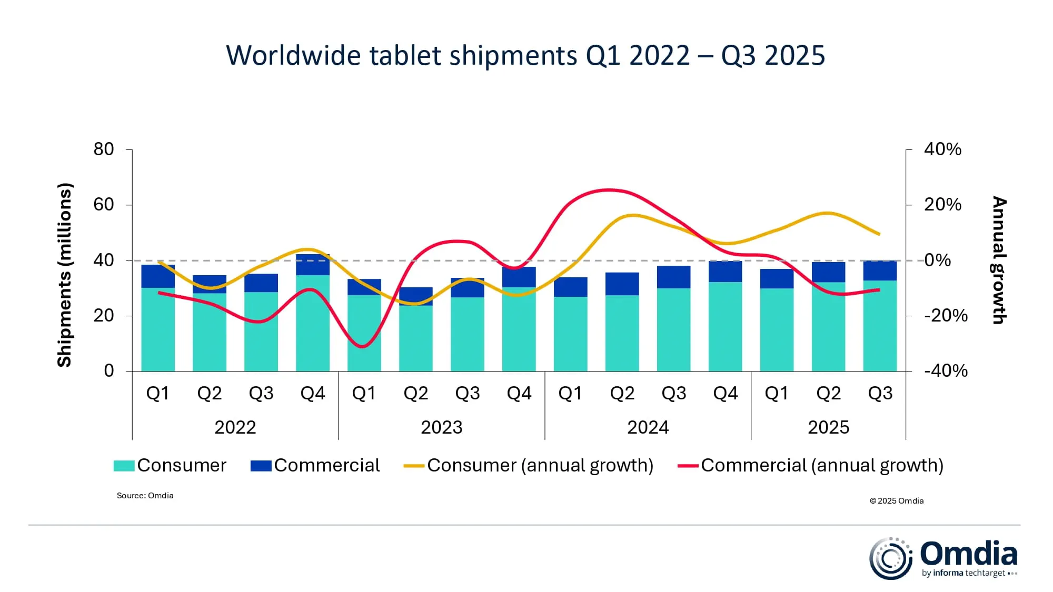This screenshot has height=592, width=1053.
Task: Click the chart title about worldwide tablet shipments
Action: pos(525,55)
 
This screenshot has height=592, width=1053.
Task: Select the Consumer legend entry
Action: pos(170,465)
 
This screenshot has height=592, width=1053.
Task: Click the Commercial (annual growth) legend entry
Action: pos(811,465)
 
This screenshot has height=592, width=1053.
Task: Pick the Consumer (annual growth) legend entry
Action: pos(529,465)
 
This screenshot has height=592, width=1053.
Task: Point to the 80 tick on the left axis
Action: pos(104,149)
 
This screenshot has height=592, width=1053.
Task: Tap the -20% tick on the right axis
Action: pos(946,316)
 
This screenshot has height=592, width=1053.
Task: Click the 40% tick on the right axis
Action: pos(942,149)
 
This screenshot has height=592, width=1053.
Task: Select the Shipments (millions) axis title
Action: pos(64,275)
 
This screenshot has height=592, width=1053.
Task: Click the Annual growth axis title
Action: pos(999,260)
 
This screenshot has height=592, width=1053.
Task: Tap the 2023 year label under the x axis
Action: pos(441,427)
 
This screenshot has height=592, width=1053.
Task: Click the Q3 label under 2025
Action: pos(880,394)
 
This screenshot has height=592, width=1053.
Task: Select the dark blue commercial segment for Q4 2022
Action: pos(313,265)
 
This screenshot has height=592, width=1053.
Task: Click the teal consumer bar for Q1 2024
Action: pos(570,334)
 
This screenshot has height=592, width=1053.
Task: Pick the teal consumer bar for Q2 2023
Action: pos(415,338)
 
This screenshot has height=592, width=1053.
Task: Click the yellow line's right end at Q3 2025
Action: pos(879,234)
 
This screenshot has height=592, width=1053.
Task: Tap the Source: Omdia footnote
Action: pos(145,496)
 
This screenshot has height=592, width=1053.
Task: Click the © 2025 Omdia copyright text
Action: pos(896,501)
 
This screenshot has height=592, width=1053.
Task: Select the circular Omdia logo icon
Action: pos(890,558)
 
